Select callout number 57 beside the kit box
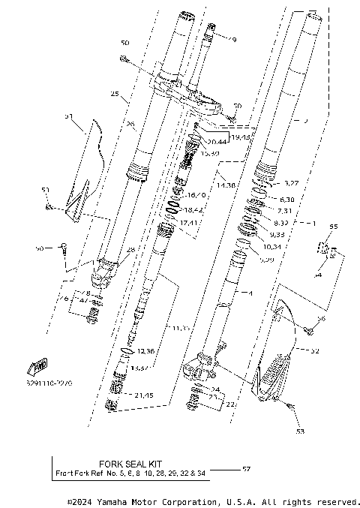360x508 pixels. click(246, 469)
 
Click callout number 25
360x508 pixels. click(115, 95)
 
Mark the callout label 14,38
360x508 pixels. click(226, 183)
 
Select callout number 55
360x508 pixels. click(334, 226)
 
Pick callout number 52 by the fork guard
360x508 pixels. click(315, 350)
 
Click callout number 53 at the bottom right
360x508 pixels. click(301, 431)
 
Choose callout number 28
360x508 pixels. click(130, 249)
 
